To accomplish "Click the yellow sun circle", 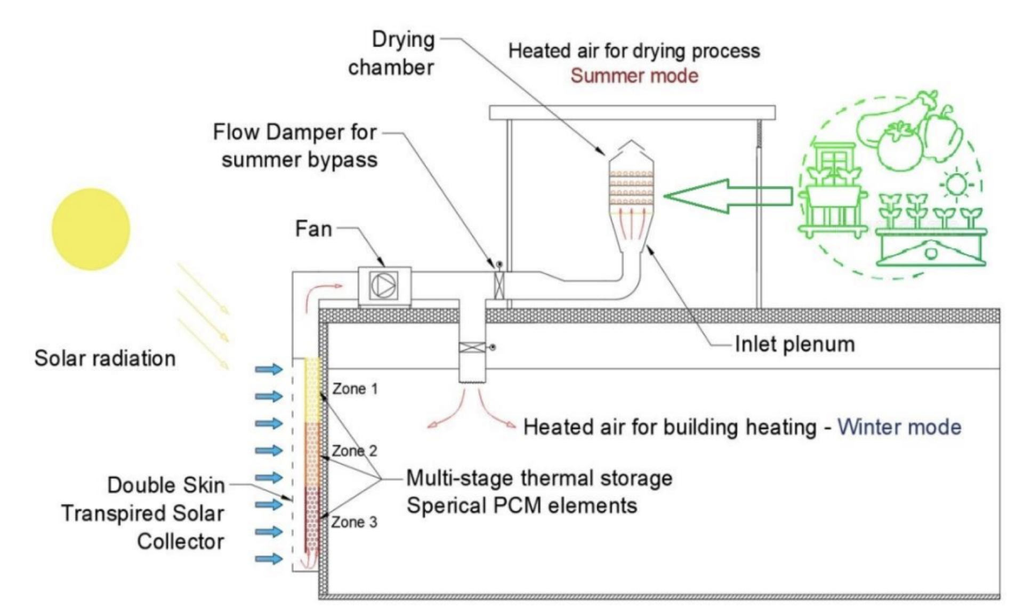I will tap(91, 229).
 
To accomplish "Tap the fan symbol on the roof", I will tap(384, 286).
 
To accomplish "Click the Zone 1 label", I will tap(355, 389).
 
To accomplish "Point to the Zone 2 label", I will tap(354, 451).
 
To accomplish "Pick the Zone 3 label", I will tap(354, 522).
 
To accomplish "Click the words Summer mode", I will tap(634, 76).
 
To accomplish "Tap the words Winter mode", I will tap(899, 427).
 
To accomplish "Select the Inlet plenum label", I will tap(795, 344).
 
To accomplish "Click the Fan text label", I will tap(314, 229).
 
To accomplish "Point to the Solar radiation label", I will tap(105, 358).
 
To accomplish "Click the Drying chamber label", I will tap(392, 53).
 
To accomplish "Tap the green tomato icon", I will tap(900, 145).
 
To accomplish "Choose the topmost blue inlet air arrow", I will tap(269, 369).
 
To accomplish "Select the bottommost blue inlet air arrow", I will tap(269, 559).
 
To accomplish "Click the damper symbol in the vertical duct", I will tap(472, 347).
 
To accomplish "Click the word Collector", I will tap(181, 541).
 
